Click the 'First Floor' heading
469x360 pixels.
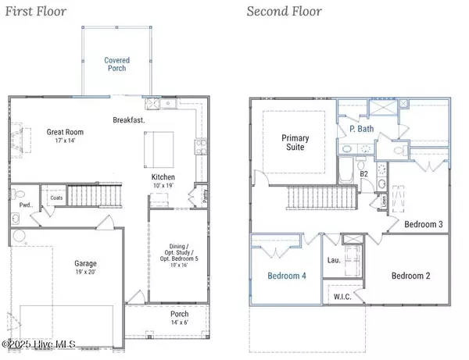38,11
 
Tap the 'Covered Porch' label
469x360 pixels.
117,65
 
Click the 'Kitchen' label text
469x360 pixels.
163,177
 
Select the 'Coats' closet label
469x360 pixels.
55,198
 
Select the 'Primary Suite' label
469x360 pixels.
295,144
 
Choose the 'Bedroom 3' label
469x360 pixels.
424,224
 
